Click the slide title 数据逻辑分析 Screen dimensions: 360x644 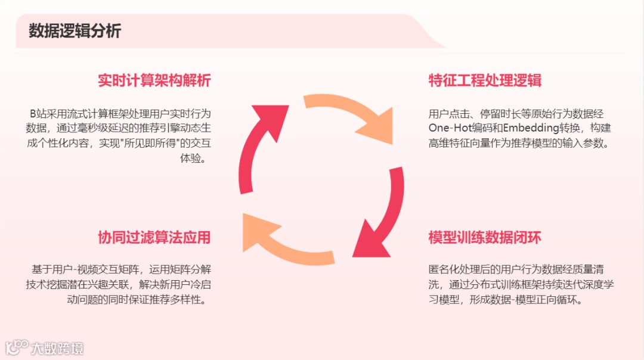tap(75, 32)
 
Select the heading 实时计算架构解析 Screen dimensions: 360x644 tap(154, 81)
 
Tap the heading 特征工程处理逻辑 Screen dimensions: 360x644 tap(485, 81)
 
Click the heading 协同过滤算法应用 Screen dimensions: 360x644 tap(154, 237)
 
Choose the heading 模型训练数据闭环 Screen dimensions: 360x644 tap(485, 237)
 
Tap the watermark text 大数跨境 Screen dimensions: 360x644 tap(57, 348)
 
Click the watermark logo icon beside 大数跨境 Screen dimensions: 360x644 tap(17, 347)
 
